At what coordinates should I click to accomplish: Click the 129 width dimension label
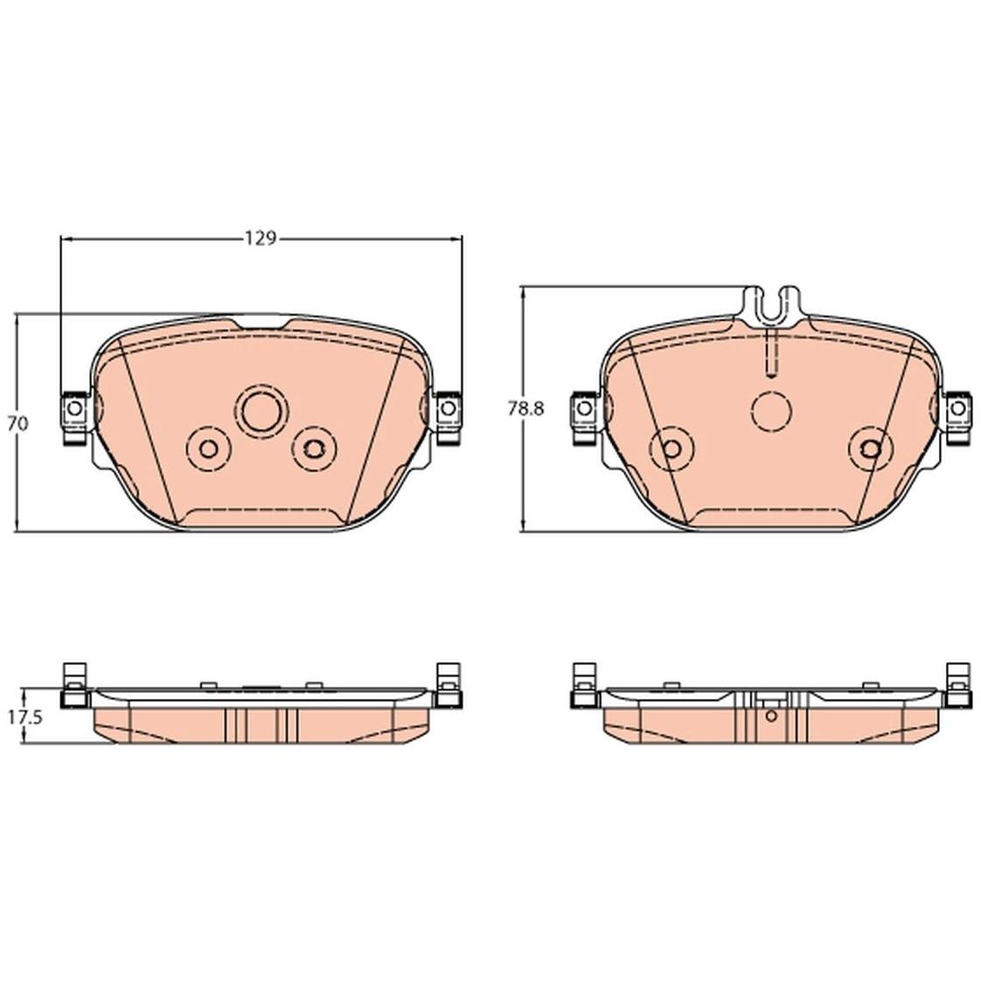[x=260, y=238]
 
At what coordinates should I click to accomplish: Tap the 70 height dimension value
[x=18, y=424]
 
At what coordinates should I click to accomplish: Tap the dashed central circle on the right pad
[x=772, y=411]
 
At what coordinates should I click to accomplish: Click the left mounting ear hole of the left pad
[x=74, y=409]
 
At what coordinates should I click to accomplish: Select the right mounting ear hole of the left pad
[x=448, y=409]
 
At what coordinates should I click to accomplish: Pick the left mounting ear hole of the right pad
[x=584, y=409]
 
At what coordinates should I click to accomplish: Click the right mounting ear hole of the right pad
[x=958, y=409]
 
